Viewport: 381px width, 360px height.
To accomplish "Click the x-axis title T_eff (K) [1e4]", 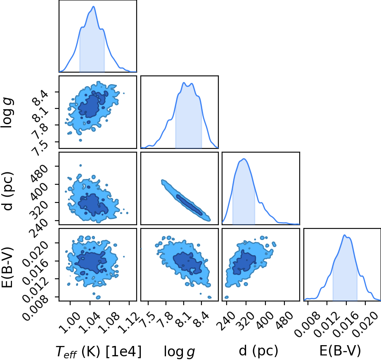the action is [x=98, y=351].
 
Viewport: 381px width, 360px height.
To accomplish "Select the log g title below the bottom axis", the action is [x=179, y=351].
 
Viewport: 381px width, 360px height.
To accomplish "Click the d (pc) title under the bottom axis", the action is [x=258, y=351].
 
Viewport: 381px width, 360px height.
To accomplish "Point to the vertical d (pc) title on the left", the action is [x=7, y=191].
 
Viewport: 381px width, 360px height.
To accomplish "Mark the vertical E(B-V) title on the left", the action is [x=7, y=267].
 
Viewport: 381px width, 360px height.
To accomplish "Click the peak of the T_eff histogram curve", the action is [x=94, y=6].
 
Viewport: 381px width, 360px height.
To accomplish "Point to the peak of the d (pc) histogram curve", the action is [x=244, y=159].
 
